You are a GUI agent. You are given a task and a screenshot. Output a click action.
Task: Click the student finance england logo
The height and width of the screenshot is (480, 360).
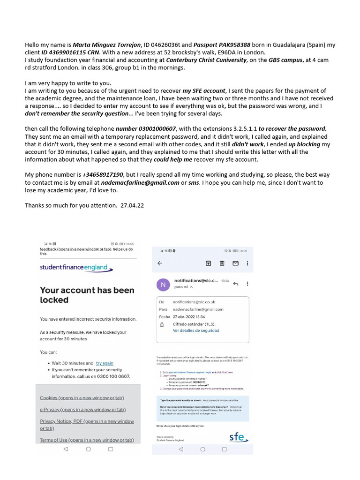click(76, 268)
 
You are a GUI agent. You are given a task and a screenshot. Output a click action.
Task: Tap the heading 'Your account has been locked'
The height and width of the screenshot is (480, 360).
click(87, 295)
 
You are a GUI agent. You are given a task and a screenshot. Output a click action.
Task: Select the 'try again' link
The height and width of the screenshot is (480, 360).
click(105, 363)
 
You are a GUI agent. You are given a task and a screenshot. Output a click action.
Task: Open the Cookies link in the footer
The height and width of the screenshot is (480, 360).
click(82, 398)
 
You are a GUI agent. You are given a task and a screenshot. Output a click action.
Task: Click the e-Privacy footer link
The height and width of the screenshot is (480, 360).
click(82, 410)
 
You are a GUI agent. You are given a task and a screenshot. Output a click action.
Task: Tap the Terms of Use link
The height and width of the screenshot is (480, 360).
click(87, 440)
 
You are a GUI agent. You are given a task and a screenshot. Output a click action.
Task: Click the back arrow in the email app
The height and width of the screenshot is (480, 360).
click(159, 263)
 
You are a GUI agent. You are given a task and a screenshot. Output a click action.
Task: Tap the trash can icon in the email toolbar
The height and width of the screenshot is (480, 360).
click(222, 263)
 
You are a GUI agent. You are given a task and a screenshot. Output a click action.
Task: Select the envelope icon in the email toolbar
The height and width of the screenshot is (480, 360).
click(235, 263)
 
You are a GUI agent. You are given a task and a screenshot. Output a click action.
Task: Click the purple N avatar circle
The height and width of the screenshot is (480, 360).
click(163, 284)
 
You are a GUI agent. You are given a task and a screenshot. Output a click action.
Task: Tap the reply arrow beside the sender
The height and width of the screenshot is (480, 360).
click(235, 284)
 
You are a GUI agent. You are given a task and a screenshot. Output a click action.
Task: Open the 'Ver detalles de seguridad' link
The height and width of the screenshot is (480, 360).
click(195, 330)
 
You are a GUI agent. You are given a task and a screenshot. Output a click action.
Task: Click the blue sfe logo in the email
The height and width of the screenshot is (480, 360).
click(238, 438)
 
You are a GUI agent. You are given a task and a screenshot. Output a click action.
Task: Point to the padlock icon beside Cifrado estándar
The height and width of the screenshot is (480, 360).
click(162, 324)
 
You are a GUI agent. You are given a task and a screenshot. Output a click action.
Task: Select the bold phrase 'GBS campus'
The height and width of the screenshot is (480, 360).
click(282, 60)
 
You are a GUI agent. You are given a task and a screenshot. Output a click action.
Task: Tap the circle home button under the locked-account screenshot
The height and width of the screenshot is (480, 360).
click(88, 449)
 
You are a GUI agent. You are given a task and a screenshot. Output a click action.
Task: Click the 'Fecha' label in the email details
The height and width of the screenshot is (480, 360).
click(165, 317)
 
